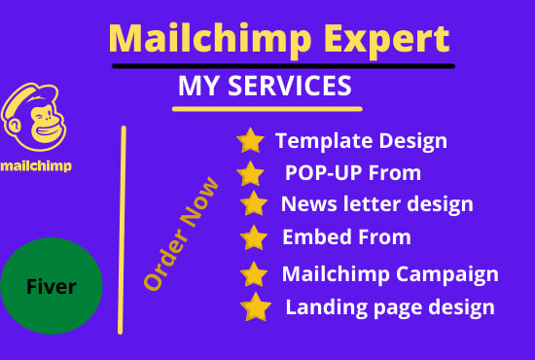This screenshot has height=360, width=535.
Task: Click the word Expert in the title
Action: coord(386,39)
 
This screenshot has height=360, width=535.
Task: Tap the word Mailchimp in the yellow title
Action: coord(210,39)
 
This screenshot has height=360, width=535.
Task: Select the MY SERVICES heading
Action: coord(265,86)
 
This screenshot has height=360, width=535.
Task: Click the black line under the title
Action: coord(283,66)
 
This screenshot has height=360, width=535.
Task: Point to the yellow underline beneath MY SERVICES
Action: coord(267,109)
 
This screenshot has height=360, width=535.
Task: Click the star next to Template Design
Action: coord(250,140)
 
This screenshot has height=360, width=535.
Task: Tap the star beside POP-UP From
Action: coord(250,173)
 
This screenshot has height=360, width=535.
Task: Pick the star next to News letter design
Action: coord(254,203)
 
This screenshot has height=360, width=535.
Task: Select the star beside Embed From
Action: coord(254,237)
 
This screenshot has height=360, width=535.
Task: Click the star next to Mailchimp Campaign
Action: coord(254,274)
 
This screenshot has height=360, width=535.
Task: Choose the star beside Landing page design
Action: coord(256,306)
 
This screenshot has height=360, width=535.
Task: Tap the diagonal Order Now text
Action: coord(181,234)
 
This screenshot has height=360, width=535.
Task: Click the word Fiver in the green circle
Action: coord(52,286)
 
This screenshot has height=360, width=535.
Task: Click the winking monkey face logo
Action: coord(33,117)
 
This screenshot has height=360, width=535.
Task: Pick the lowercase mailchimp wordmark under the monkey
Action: coord(36,166)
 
